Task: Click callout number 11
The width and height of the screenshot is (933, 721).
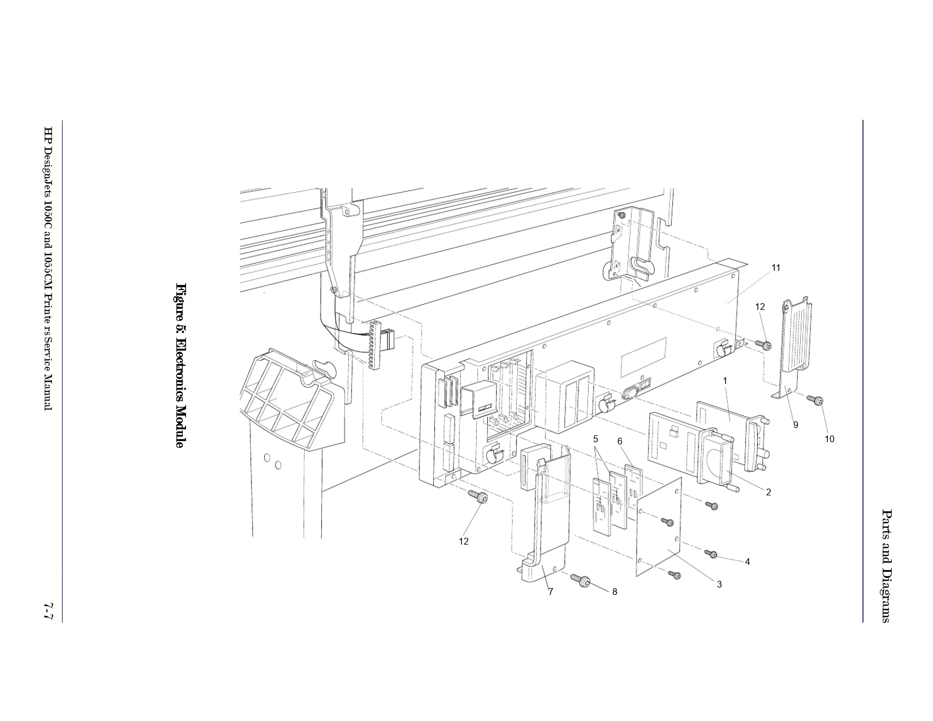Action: point(776,268)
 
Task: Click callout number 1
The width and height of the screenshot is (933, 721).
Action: point(725,381)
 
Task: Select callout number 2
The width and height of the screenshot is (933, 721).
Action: point(768,493)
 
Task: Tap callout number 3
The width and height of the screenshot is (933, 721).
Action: point(719,585)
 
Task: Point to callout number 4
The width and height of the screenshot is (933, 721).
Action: point(748,562)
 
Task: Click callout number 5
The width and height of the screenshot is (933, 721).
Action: point(595,439)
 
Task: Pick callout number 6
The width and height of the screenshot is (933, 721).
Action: point(620,441)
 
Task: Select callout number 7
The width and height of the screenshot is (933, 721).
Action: point(550,592)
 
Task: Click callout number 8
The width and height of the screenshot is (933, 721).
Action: point(615,592)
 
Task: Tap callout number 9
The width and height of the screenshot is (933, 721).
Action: point(796,425)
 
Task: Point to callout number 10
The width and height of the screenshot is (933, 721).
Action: point(830,439)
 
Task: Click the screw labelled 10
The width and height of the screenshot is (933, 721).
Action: point(815,400)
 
